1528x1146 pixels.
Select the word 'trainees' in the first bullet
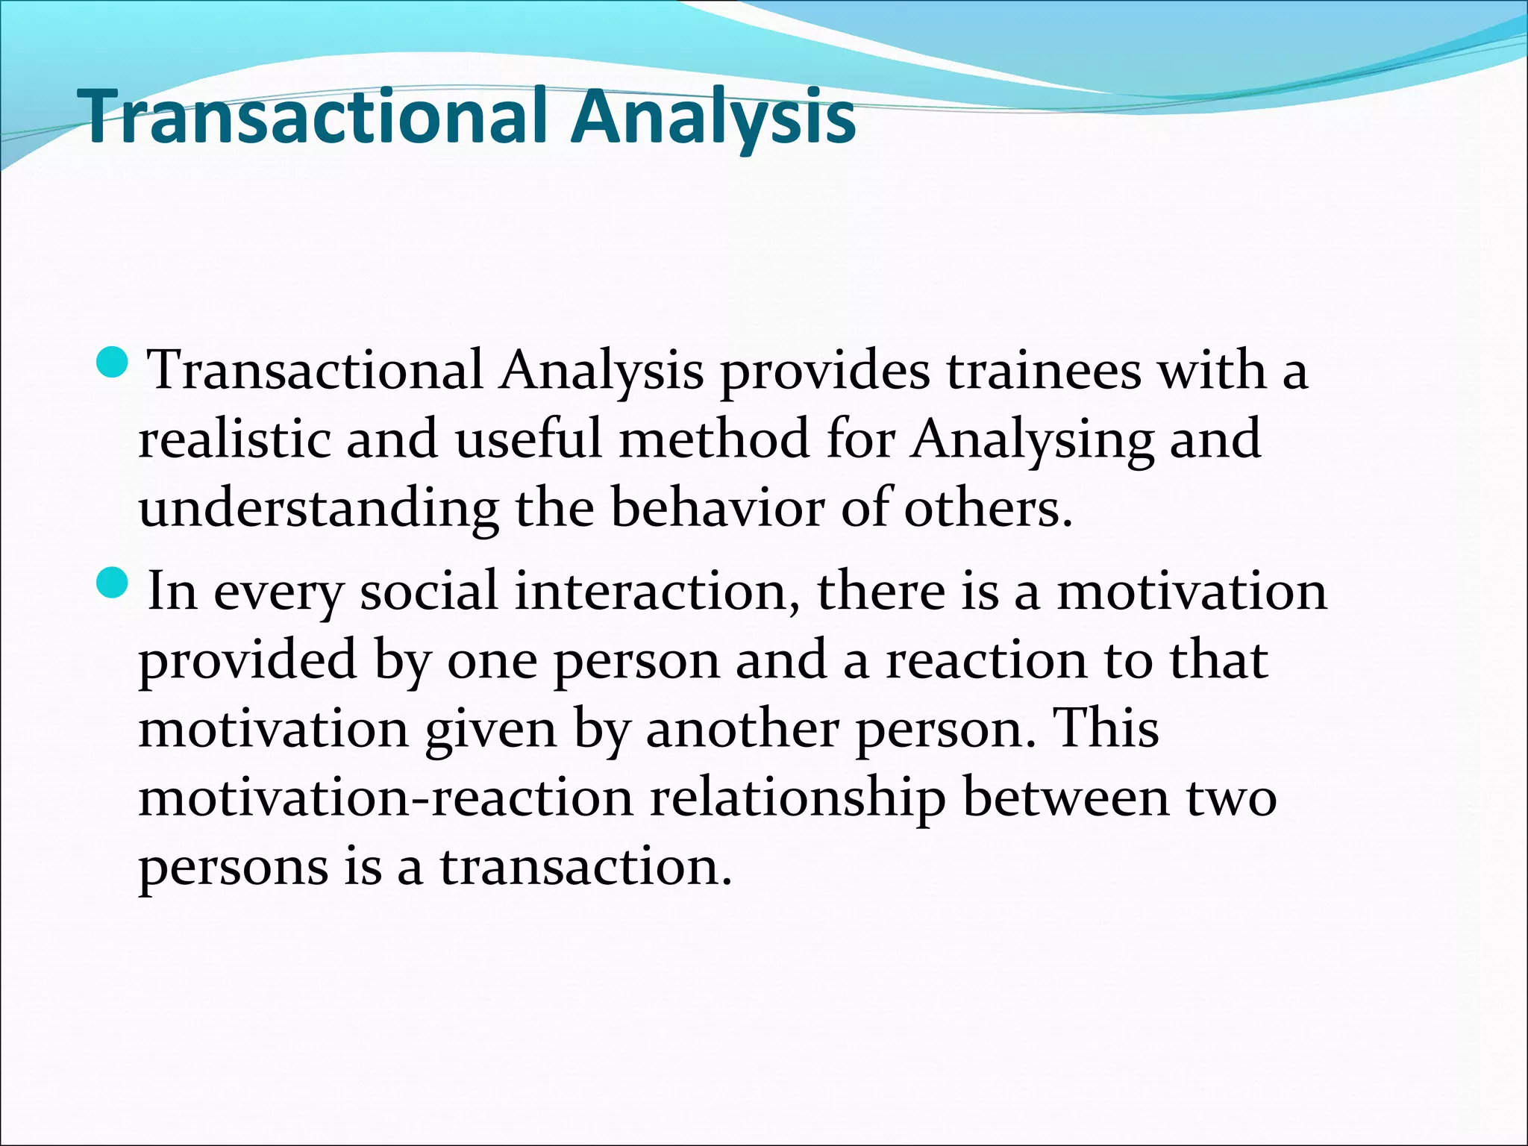point(1044,370)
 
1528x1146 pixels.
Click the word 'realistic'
point(234,439)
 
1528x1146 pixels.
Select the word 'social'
point(428,591)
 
